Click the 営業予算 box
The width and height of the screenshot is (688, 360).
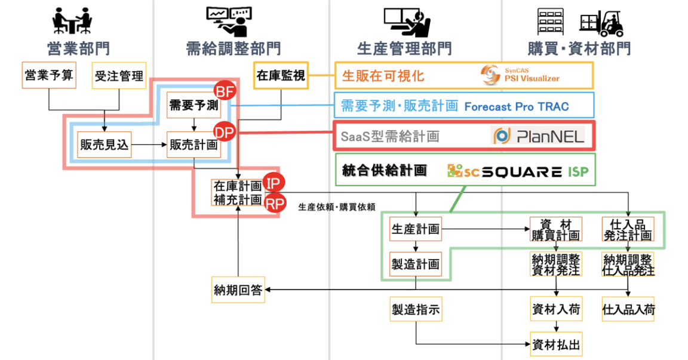pos(48,75)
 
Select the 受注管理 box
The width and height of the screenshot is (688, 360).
pos(119,75)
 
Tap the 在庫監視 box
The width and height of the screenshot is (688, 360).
pos(281,75)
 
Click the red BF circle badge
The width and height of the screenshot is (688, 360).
pos(225,92)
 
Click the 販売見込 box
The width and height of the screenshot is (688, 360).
pos(105,144)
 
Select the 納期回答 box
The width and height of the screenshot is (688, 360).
pos(238,290)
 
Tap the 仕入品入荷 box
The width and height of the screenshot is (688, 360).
pos(628,309)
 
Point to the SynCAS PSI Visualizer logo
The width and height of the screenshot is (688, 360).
pos(521,75)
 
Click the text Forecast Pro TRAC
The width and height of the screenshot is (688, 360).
pos(516,107)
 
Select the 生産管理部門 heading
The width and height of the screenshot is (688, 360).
pos(404,48)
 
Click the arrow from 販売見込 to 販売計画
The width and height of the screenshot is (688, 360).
pos(149,144)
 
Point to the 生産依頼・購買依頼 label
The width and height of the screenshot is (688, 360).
pos(336,207)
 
